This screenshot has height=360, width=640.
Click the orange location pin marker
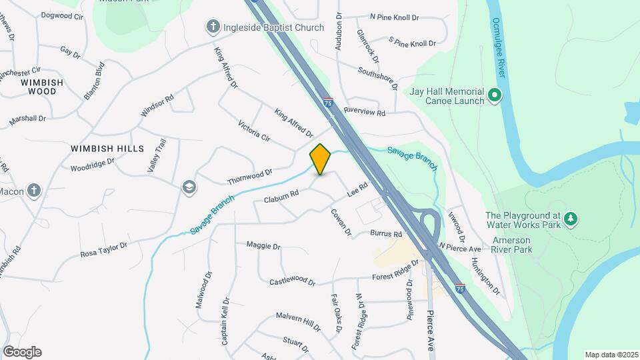pos(320,159)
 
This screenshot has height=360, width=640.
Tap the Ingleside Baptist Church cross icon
pos(213,27)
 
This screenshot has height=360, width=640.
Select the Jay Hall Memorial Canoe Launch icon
pos(494,96)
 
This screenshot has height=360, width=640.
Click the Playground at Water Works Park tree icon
pos(570,218)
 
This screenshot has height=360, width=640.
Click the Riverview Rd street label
pos(365,113)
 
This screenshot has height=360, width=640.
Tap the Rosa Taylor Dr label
pos(103,250)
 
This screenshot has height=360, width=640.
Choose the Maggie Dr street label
pos(263,246)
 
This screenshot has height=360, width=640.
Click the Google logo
pos(22,352)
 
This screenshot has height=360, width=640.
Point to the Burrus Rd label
pos(387,234)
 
